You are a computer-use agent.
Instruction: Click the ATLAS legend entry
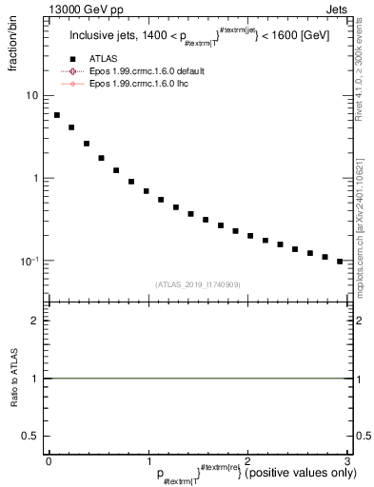click(104, 59)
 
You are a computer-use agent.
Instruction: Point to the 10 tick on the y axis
click(32, 96)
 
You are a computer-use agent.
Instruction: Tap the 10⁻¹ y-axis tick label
click(30, 261)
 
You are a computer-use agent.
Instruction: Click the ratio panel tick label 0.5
click(30, 436)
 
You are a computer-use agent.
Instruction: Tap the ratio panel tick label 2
click(35, 321)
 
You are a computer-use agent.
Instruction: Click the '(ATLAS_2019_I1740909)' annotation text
click(197, 284)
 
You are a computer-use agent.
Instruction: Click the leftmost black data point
click(56, 115)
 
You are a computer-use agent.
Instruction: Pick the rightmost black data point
click(340, 261)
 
